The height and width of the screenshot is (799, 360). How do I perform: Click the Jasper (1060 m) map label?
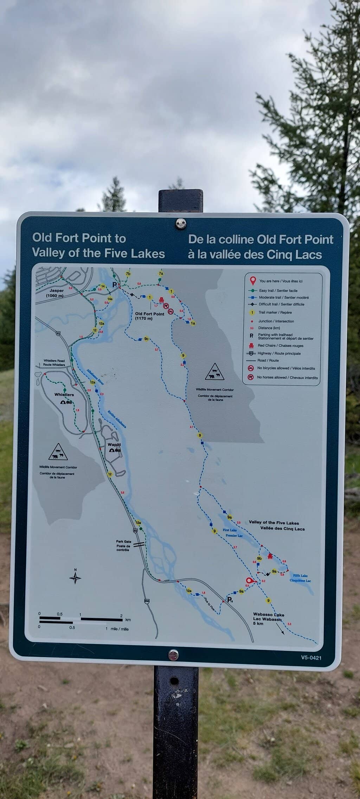click(57, 293)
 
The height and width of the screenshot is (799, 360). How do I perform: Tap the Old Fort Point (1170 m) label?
click(149, 316)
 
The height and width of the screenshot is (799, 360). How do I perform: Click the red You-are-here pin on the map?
click(250, 581)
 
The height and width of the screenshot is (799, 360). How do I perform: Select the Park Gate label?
click(123, 545)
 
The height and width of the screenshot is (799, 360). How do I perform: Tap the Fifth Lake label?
click(300, 578)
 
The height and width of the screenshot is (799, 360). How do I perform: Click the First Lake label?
click(230, 530)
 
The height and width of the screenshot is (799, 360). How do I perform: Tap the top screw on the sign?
click(181, 223)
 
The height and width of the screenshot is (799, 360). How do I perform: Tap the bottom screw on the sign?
click(173, 655)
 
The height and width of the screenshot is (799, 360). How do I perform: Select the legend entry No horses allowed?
click(287, 377)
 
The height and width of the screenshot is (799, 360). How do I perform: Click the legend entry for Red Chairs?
click(280, 345)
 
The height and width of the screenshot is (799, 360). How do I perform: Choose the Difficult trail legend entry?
click(281, 304)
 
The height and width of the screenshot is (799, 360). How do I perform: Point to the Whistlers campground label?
click(64, 395)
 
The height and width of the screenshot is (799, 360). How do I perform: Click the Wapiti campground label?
click(114, 445)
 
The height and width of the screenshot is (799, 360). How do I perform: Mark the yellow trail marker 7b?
click(128, 274)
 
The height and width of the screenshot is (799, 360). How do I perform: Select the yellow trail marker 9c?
click(147, 339)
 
